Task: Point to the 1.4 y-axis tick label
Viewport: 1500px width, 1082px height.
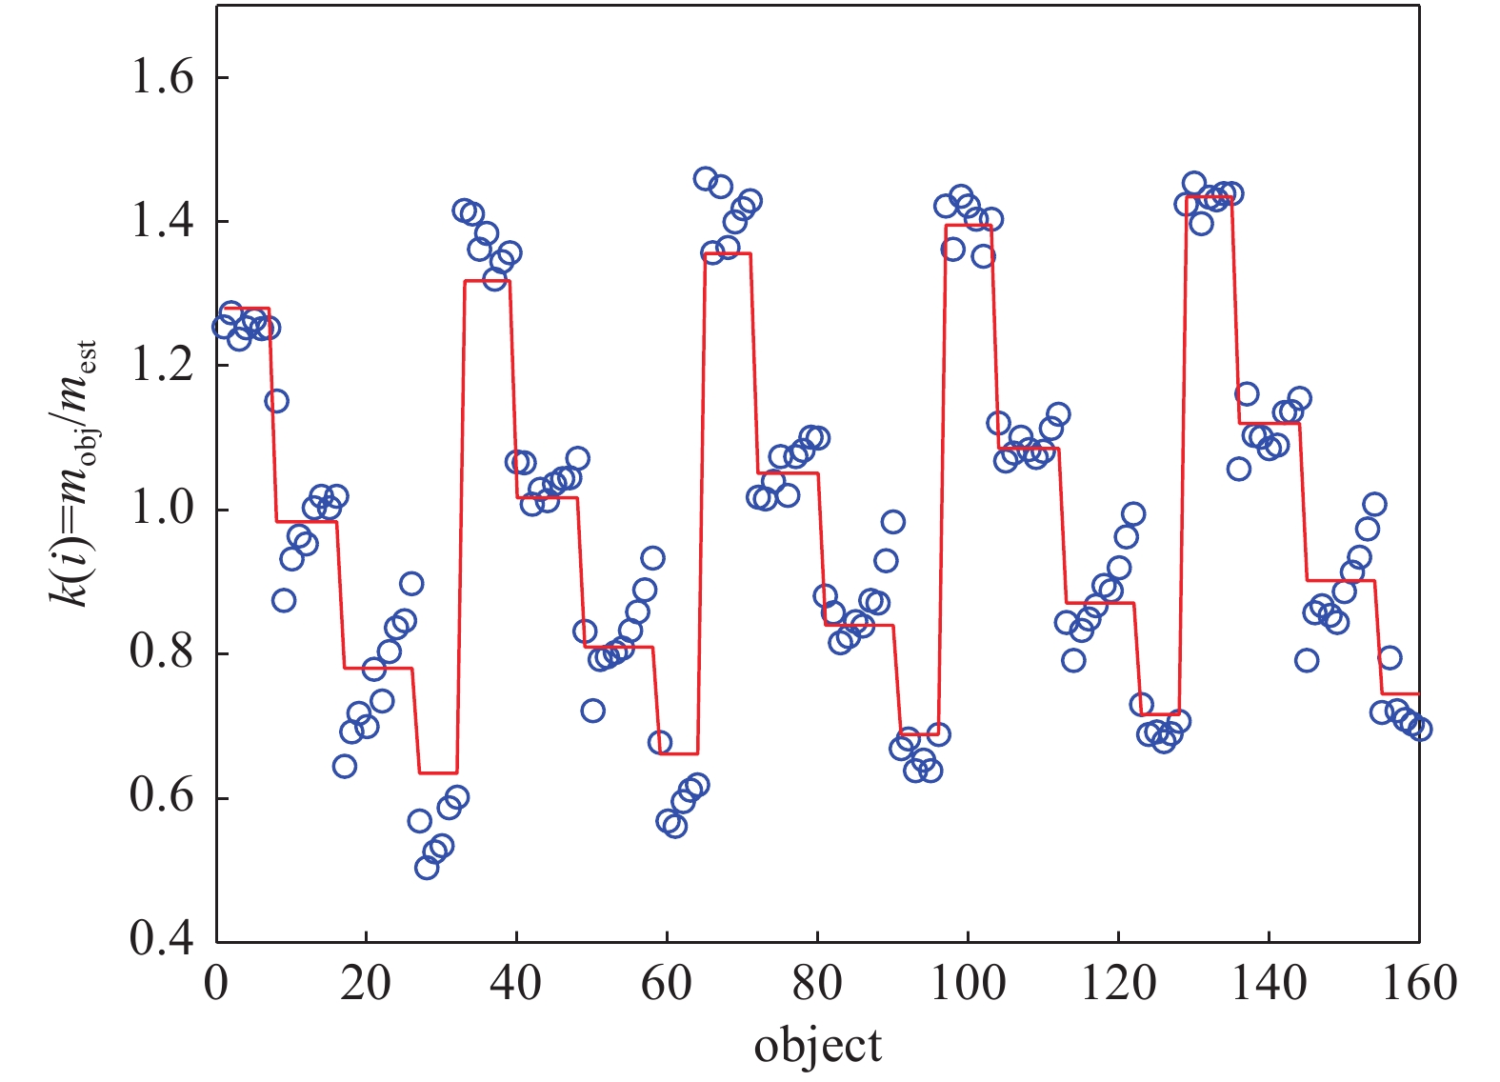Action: (x=161, y=222)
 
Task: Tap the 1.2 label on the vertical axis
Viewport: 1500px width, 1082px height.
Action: (x=161, y=366)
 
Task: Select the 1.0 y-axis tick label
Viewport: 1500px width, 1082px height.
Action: (x=161, y=510)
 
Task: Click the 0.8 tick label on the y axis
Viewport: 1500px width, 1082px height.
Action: (x=161, y=654)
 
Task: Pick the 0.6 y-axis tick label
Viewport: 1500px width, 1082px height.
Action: (x=161, y=798)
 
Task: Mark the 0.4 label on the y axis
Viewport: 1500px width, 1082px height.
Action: (x=161, y=940)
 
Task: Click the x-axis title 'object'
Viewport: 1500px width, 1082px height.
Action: (x=817, y=1046)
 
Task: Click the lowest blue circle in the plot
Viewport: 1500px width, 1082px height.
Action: (x=427, y=867)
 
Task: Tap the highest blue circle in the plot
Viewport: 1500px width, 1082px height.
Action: (x=705, y=178)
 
